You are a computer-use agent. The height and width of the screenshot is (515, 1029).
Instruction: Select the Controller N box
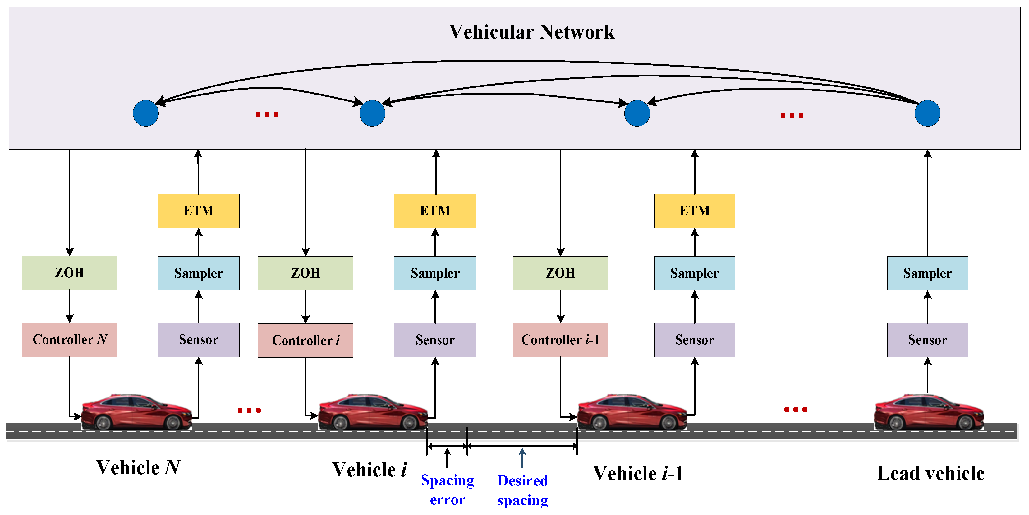(70, 340)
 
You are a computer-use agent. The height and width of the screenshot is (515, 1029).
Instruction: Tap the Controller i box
(305, 340)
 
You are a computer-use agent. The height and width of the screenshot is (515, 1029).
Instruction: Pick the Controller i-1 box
(560, 340)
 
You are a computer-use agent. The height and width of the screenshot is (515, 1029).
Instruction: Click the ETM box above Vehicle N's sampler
(199, 211)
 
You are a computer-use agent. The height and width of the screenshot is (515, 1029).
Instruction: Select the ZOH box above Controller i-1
(560, 273)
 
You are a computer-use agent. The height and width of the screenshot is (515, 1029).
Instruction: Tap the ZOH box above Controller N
(70, 273)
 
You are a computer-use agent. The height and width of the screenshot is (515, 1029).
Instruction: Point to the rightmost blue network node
(927, 114)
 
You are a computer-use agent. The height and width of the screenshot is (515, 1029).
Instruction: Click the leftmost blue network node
(146, 114)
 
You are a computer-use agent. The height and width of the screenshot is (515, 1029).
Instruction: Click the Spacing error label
(448, 490)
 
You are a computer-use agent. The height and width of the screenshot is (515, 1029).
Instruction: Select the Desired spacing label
(522, 490)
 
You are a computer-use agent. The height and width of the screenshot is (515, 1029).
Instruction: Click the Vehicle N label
(138, 467)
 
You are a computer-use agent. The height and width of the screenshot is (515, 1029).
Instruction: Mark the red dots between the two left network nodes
(267, 115)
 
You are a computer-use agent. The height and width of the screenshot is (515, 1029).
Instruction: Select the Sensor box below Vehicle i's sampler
(435, 340)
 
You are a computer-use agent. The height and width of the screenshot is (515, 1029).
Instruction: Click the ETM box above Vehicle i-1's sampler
(694, 211)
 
